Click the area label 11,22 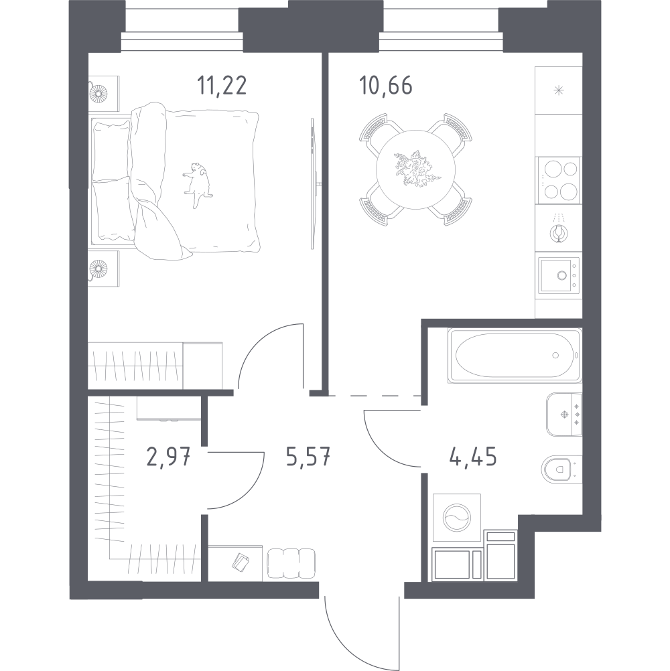[222, 86]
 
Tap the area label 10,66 [386, 86]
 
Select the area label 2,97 [168, 457]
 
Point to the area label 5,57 [308, 457]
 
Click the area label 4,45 [473, 457]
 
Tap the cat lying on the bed [197, 184]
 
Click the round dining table [415, 169]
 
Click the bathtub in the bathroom [515, 355]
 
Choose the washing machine [457, 518]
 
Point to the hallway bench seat [291, 564]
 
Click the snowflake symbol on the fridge [558, 90]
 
